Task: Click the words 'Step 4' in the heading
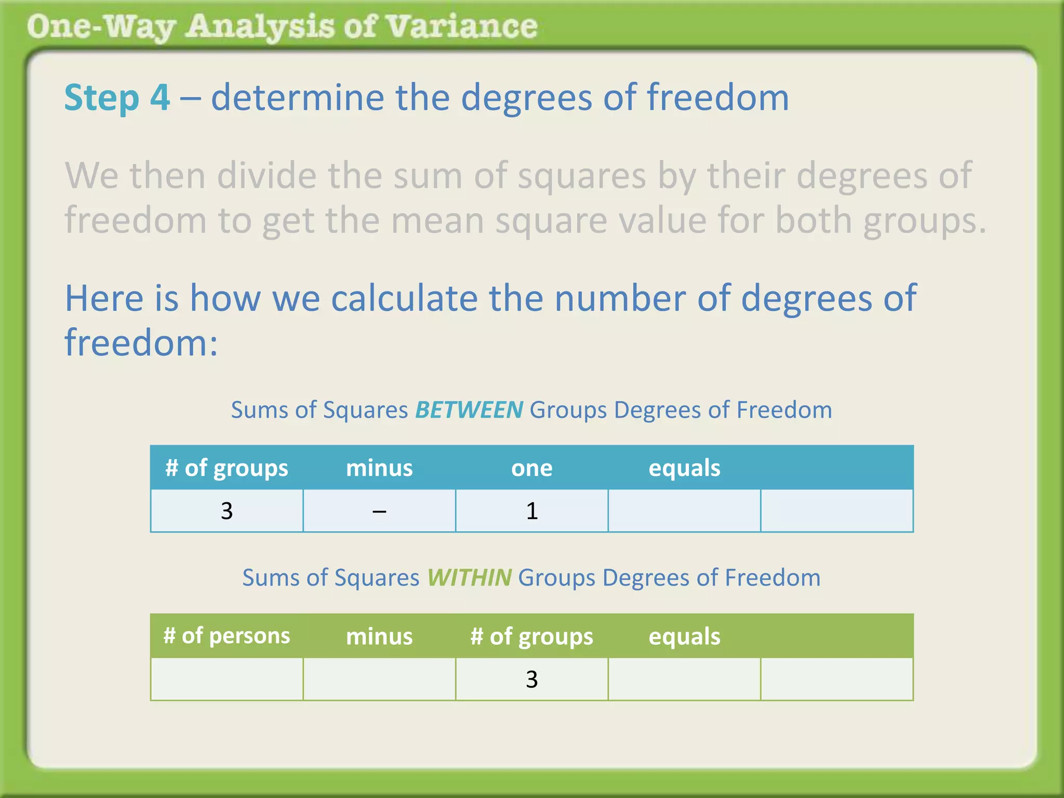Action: (x=117, y=98)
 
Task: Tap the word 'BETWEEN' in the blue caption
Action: (x=469, y=410)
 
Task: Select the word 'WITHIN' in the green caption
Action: (x=469, y=578)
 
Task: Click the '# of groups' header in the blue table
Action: (x=227, y=468)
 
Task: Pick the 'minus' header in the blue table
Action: (x=379, y=468)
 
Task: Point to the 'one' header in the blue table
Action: (x=531, y=468)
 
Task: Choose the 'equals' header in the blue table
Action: (x=684, y=468)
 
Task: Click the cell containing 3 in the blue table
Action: (x=227, y=511)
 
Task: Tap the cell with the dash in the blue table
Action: (x=379, y=511)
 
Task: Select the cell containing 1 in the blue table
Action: (x=531, y=511)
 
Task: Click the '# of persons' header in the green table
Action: (x=227, y=636)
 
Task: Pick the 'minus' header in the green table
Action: (x=379, y=636)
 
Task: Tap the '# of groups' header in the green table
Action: (x=531, y=636)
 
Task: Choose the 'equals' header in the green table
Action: (x=684, y=636)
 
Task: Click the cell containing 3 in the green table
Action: (x=531, y=679)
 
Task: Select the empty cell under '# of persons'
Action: (x=227, y=679)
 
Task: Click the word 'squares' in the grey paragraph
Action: (x=582, y=176)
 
